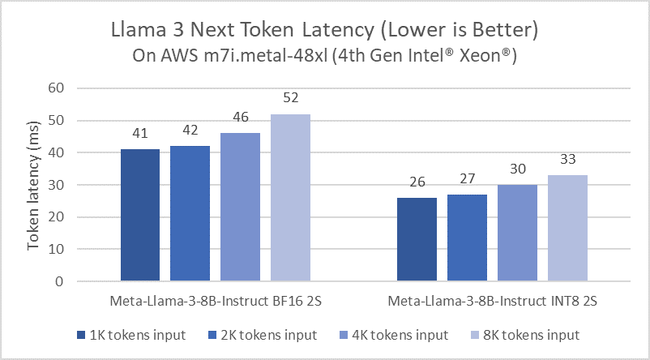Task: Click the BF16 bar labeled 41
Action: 140,215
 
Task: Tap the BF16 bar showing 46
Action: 241,207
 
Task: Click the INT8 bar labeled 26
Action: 417,239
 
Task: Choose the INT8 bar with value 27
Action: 467,238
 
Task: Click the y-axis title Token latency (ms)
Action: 34,184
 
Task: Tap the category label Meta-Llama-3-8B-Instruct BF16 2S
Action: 215,302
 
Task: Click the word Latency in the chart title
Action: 349,32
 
